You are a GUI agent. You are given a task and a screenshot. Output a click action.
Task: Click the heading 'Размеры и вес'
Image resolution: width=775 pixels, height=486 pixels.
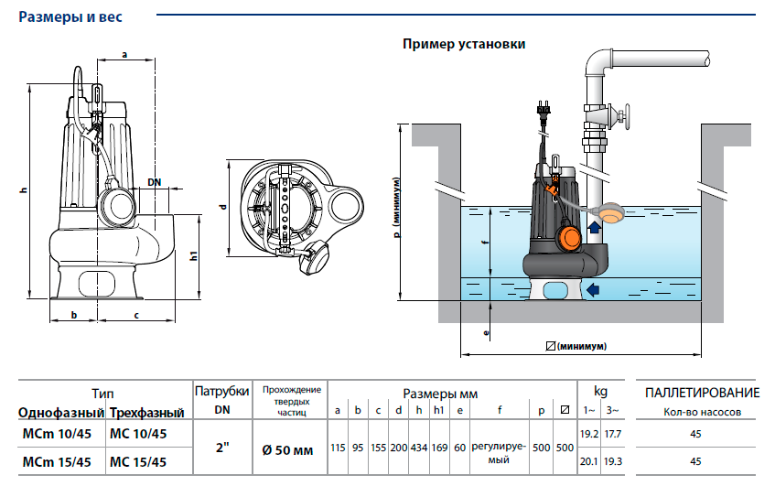pos(70,16)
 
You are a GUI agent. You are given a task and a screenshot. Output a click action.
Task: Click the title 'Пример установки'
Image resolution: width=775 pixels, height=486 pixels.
pos(464,44)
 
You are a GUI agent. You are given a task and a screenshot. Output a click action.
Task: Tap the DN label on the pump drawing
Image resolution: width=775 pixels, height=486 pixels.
pos(154,182)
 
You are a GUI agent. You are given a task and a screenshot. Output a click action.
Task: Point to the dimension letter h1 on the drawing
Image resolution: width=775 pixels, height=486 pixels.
pos(194,256)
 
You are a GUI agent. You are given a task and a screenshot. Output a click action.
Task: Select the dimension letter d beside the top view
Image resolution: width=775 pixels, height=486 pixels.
pos(222,208)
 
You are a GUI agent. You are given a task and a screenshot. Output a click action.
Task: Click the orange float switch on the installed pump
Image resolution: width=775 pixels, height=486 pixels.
pos(567,238)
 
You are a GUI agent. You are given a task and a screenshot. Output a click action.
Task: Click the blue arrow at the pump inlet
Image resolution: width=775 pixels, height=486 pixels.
pos(594,291)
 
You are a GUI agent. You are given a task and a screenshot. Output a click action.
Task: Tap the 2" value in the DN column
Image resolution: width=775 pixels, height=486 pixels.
pos(221,448)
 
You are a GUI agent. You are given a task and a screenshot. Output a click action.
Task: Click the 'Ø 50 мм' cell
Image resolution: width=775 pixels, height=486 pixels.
pos(288,448)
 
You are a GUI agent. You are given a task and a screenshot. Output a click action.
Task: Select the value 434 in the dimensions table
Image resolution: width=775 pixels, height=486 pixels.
pos(419,448)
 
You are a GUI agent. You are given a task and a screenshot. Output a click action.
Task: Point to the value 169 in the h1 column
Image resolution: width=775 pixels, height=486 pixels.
pos(439,448)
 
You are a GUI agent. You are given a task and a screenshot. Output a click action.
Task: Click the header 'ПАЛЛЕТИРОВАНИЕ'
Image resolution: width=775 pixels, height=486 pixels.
pos(702,394)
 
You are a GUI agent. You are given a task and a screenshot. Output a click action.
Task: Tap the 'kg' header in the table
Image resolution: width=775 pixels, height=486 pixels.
pos(600,391)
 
